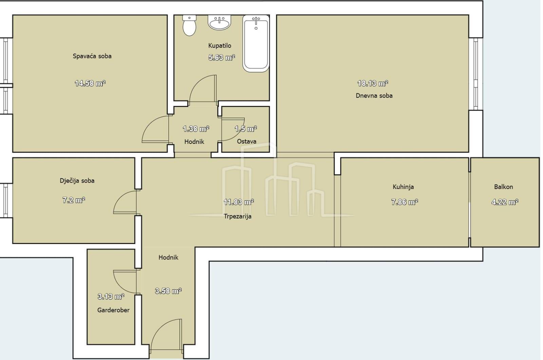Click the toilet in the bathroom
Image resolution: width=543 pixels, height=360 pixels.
click(x=189, y=25)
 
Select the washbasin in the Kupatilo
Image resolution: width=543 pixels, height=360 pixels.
click(x=219, y=22)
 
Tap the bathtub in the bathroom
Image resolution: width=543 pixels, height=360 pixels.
click(x=256, y=43)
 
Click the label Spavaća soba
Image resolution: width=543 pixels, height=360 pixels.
click(x=92, y=56)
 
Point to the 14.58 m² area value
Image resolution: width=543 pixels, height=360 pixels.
click(x=90, y=83)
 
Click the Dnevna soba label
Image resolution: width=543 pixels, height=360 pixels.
click(x=374, y=96)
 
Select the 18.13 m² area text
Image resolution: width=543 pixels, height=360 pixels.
click(x=373, y=83)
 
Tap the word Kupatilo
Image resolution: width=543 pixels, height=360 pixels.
click(x=220, y=46)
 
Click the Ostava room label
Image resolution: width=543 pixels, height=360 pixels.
click(x=246, y=141)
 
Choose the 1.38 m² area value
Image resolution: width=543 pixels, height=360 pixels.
click(x=196, y=129)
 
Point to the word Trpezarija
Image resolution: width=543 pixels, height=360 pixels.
click(x=237, y=216)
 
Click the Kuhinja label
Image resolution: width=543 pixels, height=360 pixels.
click(x=403, y=187)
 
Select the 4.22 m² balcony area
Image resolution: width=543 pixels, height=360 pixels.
click(x=505, y=202)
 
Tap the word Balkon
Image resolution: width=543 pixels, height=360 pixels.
click(x=504, y=187)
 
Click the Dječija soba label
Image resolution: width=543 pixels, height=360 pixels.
click(x=77, y=181)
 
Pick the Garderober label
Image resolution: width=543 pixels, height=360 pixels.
click(x=113, y=310)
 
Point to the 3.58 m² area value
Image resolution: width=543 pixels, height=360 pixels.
click(x=168, y=291)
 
